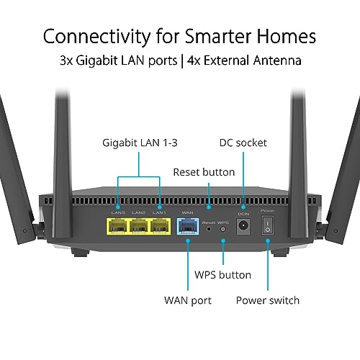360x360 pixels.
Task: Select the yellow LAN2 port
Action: (x=139, y=226)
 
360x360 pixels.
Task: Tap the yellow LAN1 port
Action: (x=159, y=226)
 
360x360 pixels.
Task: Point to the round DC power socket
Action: (x=243, y=226)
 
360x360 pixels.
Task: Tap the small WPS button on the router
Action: (x=222, y=228)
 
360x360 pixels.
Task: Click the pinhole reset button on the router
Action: (x=209, y=228)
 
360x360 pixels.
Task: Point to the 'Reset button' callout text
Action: (x=204, y=172)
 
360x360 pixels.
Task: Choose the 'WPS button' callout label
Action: (x=222, y=275)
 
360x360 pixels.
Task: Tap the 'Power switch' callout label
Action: (x=267, y=300)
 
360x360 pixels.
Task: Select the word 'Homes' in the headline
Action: (x=284, y=35)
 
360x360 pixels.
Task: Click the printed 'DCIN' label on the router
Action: (x=243, y=212)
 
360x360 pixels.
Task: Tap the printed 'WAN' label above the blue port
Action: (x=187, y=212)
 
